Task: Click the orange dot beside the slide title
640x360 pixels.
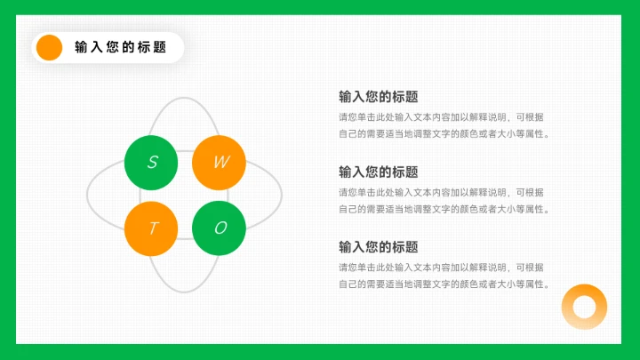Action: [49, 47]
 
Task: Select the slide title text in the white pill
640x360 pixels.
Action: [120, 47]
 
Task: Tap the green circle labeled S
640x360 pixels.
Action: [152, 163]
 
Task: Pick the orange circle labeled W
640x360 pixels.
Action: [220, 163]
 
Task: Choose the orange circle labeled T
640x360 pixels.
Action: [152, 228]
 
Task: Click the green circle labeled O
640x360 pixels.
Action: [220, 228]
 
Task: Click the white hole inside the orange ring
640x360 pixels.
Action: [584, 308]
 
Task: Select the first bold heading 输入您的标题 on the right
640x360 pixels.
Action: [378, 97]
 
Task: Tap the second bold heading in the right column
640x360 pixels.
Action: [378, 172]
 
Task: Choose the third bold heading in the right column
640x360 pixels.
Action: [378, 246]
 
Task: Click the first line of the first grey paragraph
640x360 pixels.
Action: [441, 117]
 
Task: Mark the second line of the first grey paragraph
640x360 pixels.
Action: [444, 134]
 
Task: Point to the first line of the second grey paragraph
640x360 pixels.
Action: [441, 192]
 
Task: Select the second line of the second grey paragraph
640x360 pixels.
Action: [444, 209]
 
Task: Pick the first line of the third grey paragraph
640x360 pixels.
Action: [441, 267]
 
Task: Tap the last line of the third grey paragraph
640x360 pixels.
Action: [444, 284]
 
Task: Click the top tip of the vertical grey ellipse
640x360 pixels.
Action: [184, 98]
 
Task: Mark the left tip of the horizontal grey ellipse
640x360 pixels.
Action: [87, 195]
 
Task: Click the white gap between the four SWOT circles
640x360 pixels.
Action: [185, 195]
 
